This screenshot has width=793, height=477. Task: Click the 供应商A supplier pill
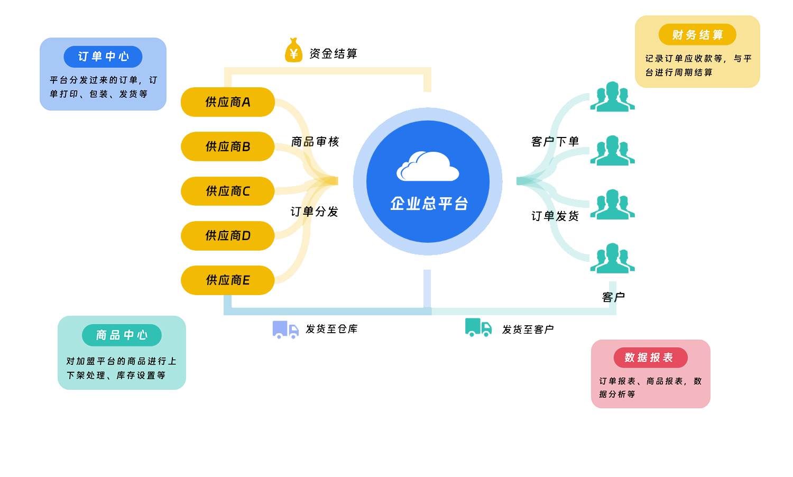(x=228, y=102)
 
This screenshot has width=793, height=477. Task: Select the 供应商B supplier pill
(x=228, y=146)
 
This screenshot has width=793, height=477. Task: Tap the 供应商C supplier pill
(x=228, y=191)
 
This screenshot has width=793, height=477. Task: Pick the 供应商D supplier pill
(x=228, y=236)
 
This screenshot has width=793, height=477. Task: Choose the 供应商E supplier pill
(x=228, y=280)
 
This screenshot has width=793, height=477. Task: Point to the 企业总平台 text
(x=429, y=204)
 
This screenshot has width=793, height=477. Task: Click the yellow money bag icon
(x=293, y=51)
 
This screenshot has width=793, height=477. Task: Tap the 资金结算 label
(x=333, y=53)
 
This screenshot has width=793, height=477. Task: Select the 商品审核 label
(x=315, y=142)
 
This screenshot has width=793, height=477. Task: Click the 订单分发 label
(x=315, y=212)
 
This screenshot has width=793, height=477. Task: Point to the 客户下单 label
(x=555, y=142)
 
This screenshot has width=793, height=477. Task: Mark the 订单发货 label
(x=555, y=216)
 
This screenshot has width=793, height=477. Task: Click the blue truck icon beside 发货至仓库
(x=285, y=329)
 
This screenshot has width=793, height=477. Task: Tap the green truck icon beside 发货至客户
(x=478, y=327)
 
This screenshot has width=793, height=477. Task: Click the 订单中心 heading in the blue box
(x=104, y=57)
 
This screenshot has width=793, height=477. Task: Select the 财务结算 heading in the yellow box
(x=697, y=35)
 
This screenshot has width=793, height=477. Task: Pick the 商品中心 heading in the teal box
(x=122, y=335)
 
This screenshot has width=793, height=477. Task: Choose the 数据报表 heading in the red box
(x=649, y=357)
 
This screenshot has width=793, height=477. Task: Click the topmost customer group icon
(x=612, y=97)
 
